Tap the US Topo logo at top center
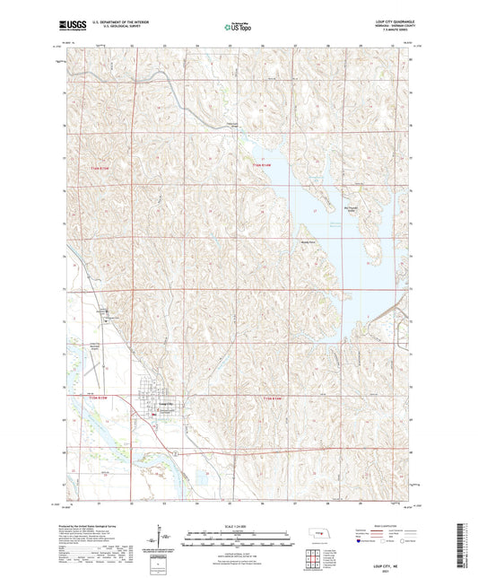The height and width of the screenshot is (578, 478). coord(235,27)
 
